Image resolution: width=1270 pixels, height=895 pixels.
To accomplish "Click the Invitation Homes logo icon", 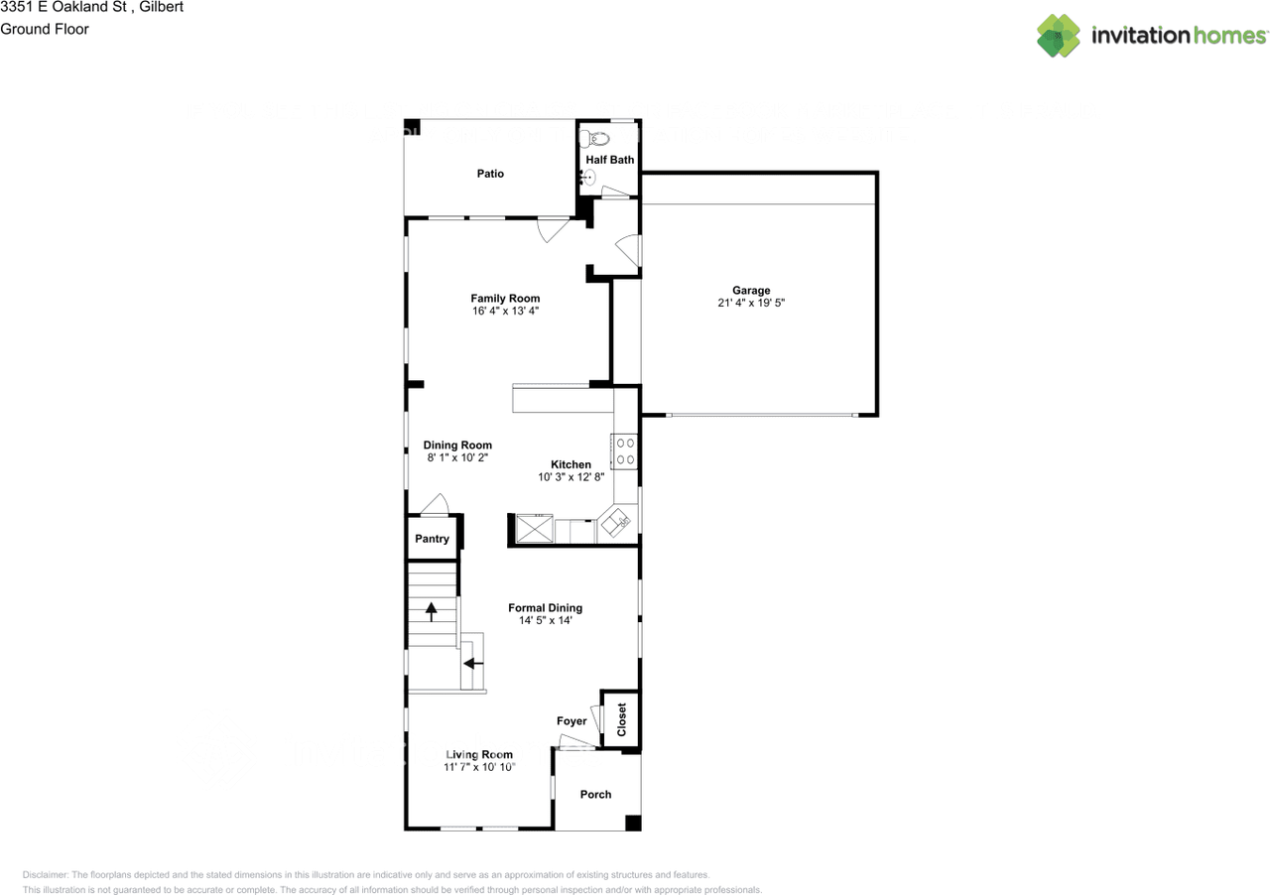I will click(1059, 36).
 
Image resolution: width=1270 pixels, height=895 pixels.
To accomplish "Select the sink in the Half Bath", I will click(588, 179).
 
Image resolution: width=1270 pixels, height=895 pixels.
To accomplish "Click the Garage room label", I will click(751, 291).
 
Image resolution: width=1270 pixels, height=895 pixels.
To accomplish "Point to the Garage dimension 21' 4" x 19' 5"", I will click(751, 304).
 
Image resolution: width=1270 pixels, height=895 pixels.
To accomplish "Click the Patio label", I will click(490, 174).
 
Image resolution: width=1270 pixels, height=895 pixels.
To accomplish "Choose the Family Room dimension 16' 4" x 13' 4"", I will click(505, 311).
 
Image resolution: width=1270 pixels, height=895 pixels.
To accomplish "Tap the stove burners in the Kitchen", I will click(626, 450).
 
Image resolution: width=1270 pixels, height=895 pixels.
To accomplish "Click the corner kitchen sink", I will click(618, 522).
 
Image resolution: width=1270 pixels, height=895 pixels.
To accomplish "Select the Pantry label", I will click(432, 539).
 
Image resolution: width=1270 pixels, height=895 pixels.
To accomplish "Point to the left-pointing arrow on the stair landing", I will click(473, 662).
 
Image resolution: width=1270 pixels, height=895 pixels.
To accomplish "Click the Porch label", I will click(595, 794).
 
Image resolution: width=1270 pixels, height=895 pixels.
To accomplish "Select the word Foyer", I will click(571, 721).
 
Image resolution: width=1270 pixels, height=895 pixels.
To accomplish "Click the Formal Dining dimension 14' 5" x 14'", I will click(545, 621).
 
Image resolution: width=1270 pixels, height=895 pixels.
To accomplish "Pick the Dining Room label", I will click(457, 446).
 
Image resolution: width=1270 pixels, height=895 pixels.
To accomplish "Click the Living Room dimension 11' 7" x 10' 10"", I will click(479, 767).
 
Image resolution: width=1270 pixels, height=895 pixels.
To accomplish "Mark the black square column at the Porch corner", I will click(633, 823).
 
